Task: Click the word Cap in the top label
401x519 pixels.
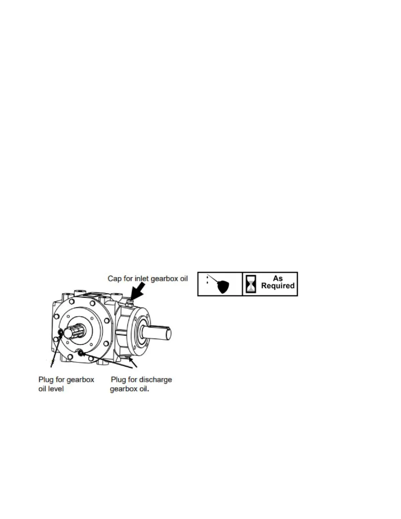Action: pyautogui.click(x=114, y=279)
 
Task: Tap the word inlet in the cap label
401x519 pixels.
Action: pyautogui.click(x=142, y=279)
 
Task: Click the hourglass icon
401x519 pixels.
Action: pyautogui.click(x=251, y=284)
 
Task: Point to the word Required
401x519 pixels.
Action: pyautogui.click(x=278, y=286)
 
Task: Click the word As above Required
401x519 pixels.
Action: pyautogui.click(x=278, y=279)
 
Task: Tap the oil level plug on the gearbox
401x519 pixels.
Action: pyautogui.click(x=61, y=333)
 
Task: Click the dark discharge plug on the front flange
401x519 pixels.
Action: pyautogui.click(x=80, y=353)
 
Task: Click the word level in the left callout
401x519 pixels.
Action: pyautogui.click(x=56, y=389)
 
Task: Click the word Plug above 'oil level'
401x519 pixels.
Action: pyautogui.click(x=46, y=380)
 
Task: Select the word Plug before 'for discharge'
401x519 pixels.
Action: pyautogui.click(x=118, y=380)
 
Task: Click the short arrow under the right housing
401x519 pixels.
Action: pyautogui.click(x=132, y=361)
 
